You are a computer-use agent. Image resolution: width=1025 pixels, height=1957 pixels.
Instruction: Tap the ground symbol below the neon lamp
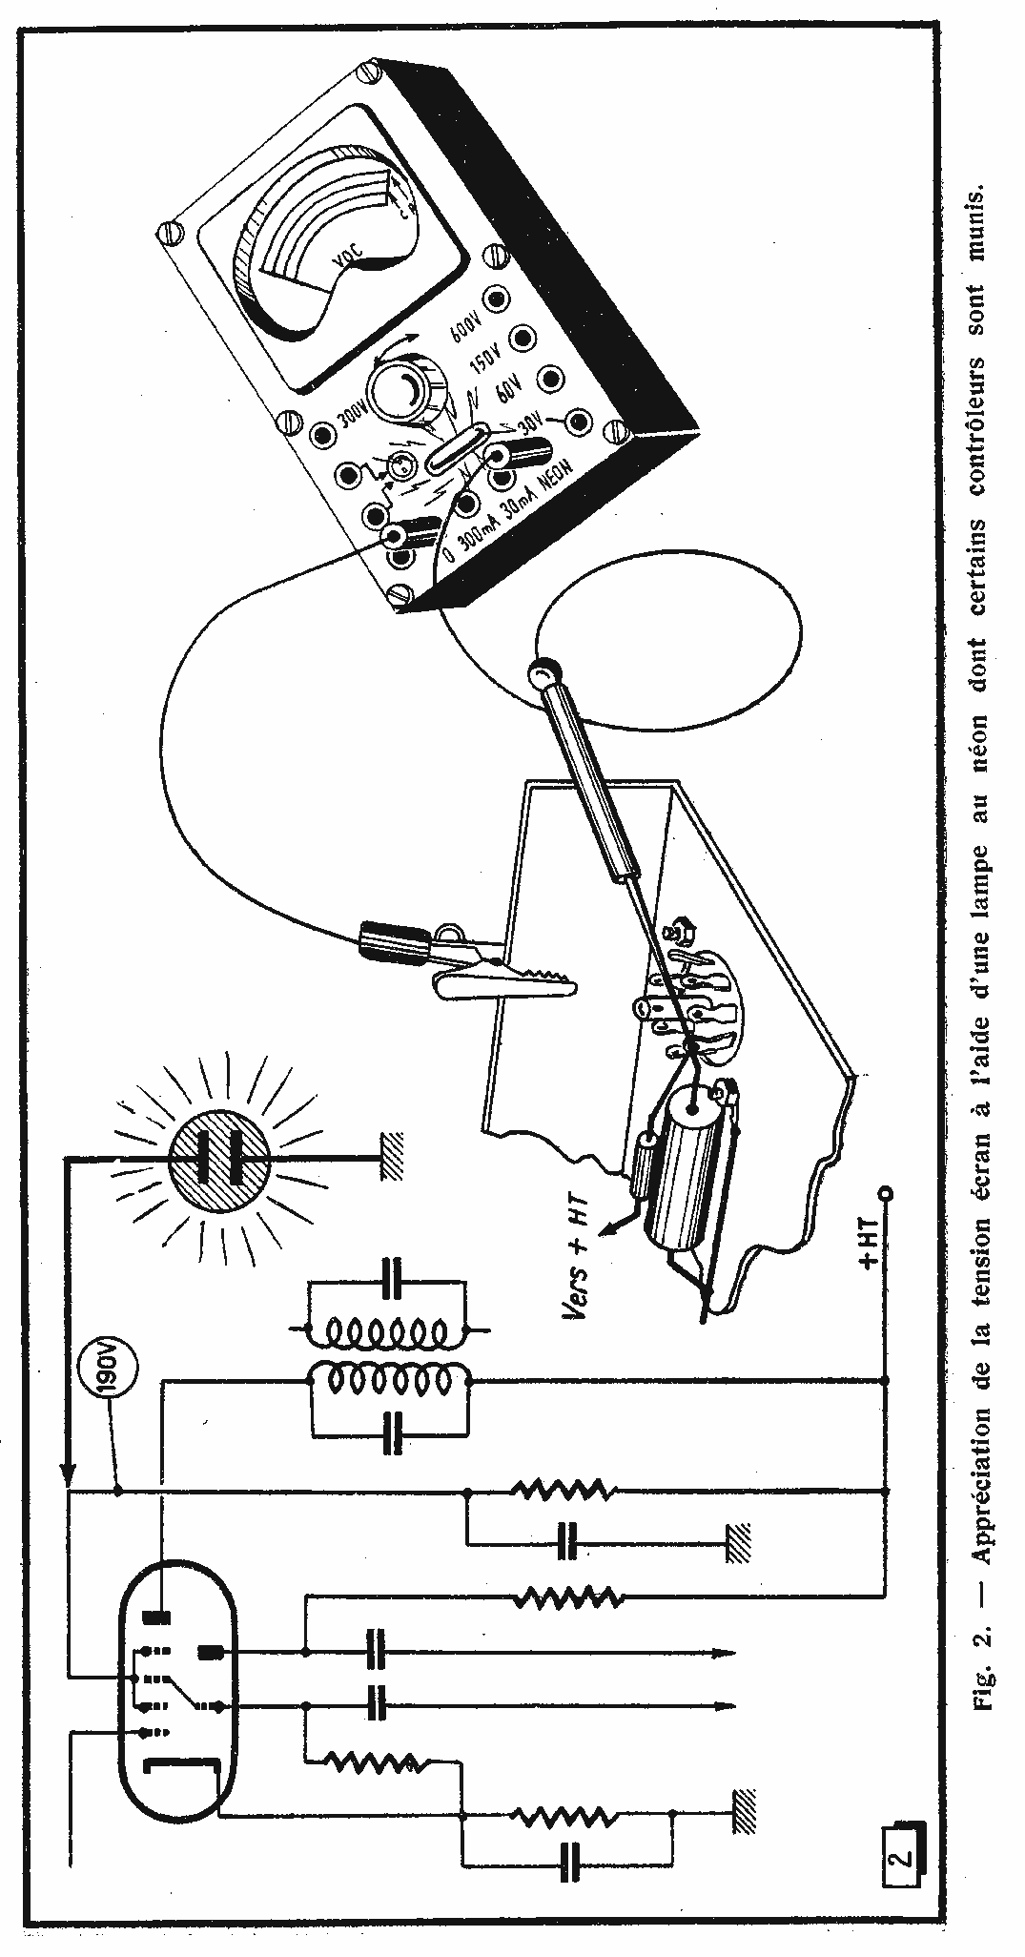(394, 1157)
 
